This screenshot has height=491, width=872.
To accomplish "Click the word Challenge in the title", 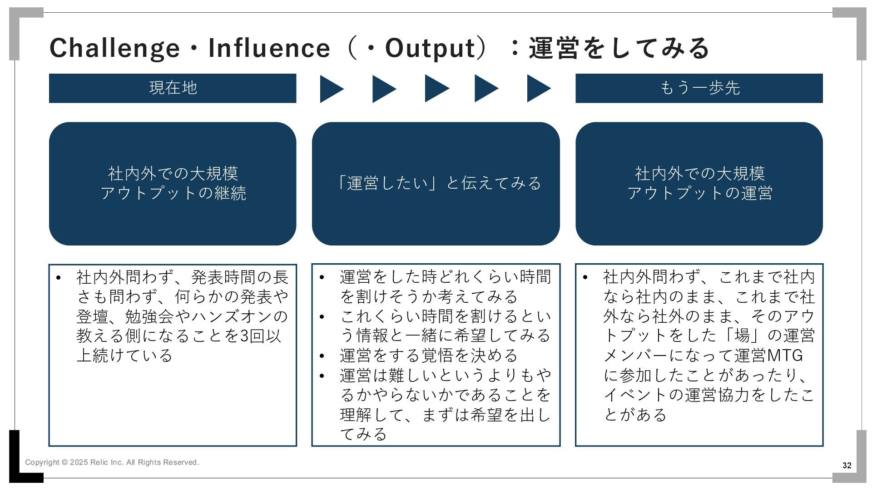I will coord(114,48).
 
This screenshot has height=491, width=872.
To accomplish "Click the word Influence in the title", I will coord(269,48).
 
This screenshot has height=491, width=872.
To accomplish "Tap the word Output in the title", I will coord(430,48).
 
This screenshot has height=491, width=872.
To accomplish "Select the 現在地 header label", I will coord(173,88).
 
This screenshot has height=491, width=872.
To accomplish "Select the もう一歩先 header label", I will coord(699,88).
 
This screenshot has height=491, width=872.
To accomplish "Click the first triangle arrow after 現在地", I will coord(331,89).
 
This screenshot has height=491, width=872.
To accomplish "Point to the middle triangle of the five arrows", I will coord(436,89).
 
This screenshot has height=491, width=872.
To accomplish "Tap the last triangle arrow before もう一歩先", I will coord(538,89).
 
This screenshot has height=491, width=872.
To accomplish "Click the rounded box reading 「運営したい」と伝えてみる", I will coord(436,183).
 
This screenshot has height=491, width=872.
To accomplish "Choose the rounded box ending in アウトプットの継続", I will coord(173,183).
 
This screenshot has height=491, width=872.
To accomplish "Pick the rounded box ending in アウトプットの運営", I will coord(699,183).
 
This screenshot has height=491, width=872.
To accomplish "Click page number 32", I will coord(847,466).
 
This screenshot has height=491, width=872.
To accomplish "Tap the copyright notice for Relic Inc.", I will coord(112,462).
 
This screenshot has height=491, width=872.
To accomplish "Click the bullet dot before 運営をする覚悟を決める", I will coord(322,356).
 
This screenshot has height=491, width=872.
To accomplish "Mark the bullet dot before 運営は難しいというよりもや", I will coord(322,376).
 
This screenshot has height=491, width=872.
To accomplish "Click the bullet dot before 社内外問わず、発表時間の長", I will coord(58,278).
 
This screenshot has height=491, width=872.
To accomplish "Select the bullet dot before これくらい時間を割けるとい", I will coord(322,317).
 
